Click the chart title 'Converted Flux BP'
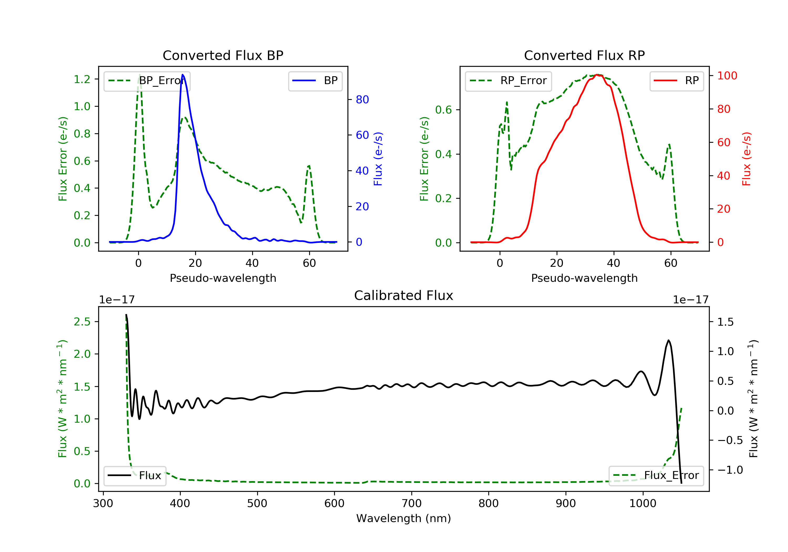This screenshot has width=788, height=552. (x=223, y=55)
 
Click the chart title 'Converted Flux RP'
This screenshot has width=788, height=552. (x=584, y=55)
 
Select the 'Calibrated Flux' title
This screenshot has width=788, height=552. (x=404, y=295)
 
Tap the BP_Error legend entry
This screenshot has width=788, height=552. (x=147, y=81)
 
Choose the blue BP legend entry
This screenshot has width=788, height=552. (x=315, y=81)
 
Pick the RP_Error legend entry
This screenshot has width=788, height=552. (x=508, y=81)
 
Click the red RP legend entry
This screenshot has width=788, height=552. (x=676, y=81)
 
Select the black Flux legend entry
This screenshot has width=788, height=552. (x=134, y=476)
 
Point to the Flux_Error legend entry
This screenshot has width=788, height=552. (x=656, y=476)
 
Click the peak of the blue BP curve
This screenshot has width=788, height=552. (x=183, y=75)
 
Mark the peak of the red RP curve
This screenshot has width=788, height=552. (x=598, y=75)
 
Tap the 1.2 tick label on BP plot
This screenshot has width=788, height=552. (x=82, y=79)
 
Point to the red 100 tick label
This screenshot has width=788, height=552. (x=727, y=75)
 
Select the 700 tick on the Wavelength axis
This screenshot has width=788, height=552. (x=412, y=504)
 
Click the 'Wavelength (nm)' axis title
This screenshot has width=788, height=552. (x=404, y=518)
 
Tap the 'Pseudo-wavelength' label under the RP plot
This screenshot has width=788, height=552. (x=584, y=278)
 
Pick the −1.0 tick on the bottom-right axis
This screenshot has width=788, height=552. (x=730, y=470)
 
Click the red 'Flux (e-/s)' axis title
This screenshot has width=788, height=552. (x=746, y=159)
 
